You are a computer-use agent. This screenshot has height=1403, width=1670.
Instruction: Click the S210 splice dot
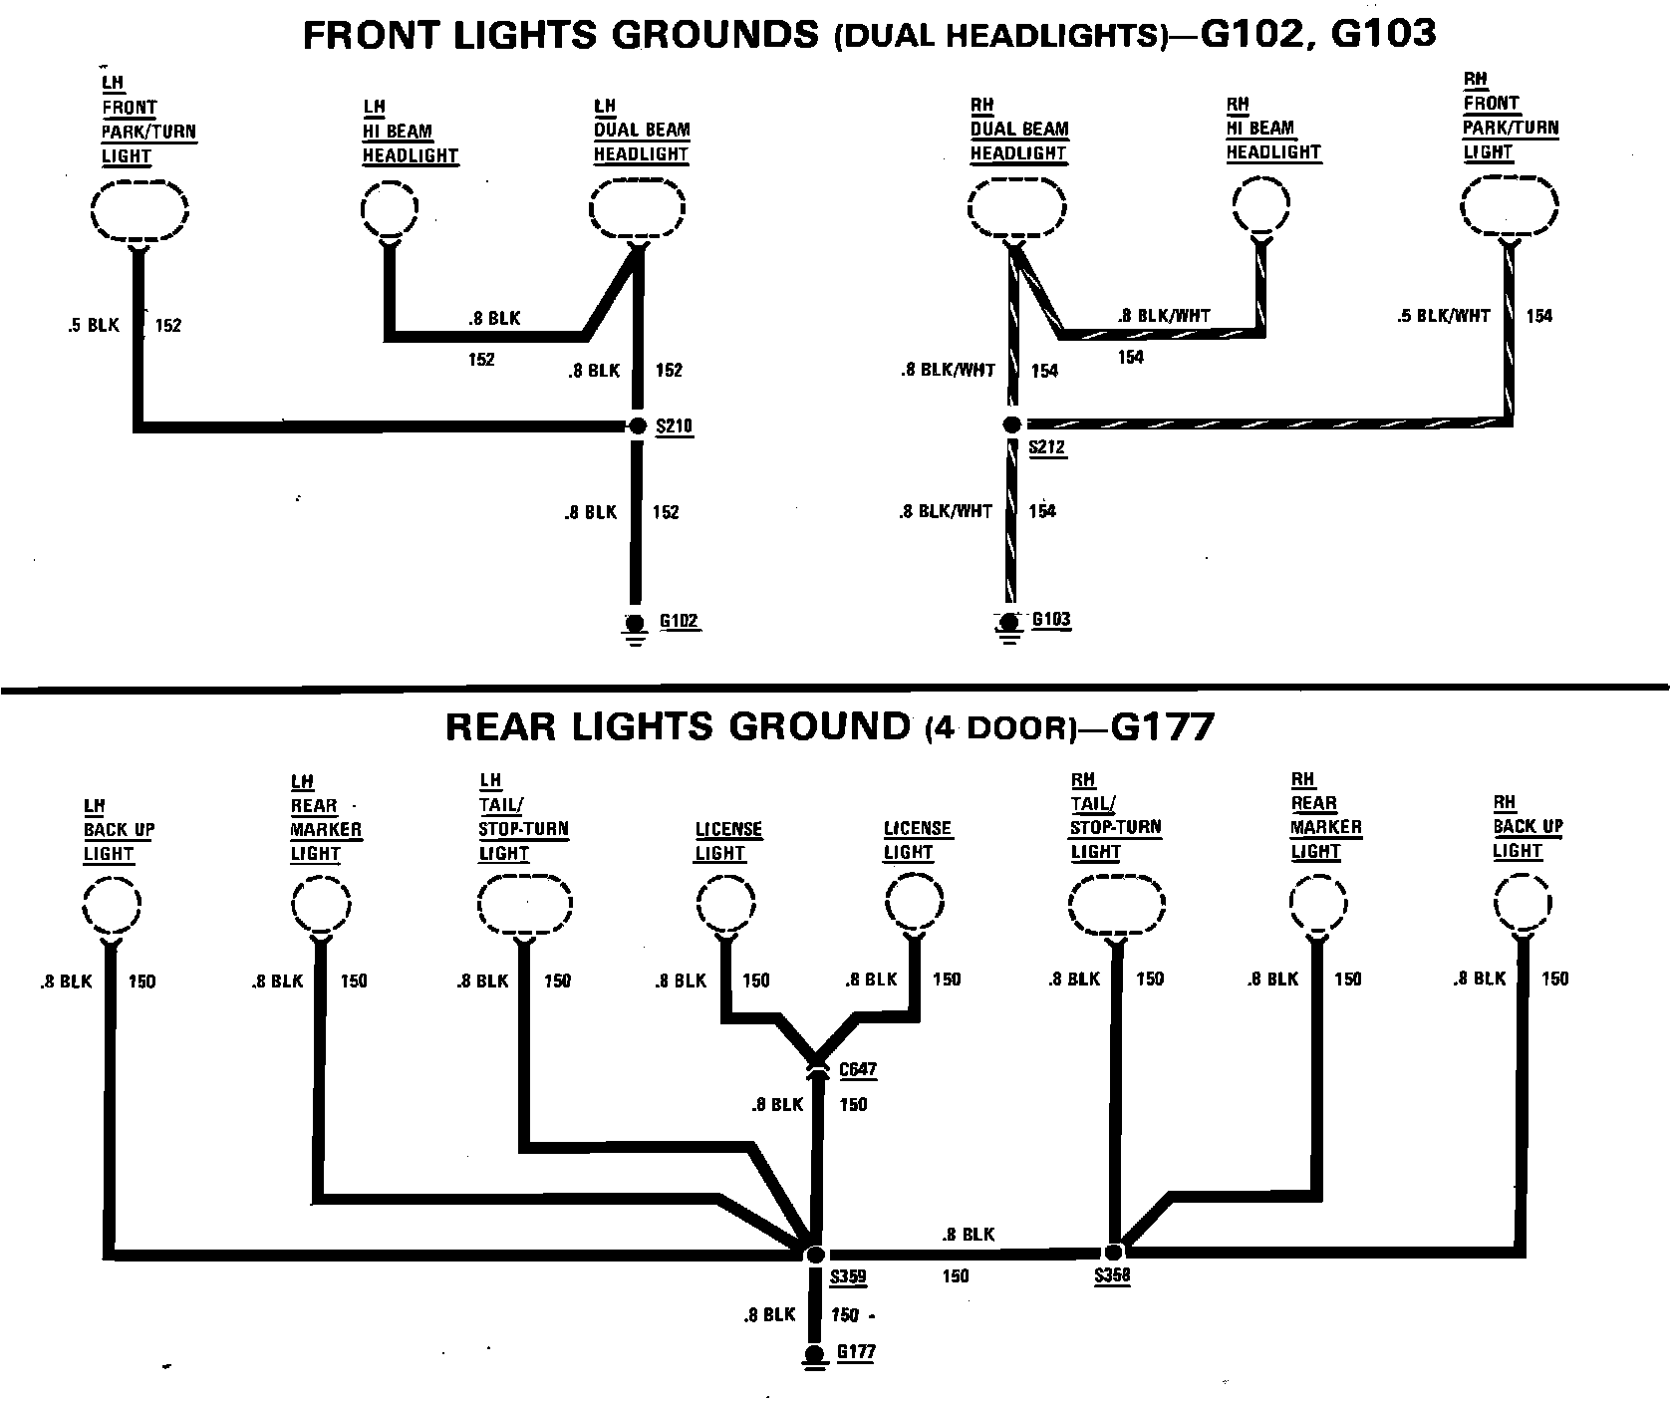point(638,426)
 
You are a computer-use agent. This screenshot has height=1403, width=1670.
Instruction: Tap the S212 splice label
point(1047,447)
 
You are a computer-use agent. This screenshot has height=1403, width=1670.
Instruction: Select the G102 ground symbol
point(633,623)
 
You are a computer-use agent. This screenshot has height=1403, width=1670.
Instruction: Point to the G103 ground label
point(1051,619)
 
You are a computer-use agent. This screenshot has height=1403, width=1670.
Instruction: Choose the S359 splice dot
point(815,1254)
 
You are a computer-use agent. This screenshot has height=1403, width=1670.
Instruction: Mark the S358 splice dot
point(1114,1252)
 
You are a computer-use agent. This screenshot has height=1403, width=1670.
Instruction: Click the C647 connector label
point(857,1070)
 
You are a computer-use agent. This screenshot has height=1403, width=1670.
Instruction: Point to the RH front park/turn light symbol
point(1510,208)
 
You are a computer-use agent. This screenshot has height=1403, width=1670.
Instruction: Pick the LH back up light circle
point(111,907)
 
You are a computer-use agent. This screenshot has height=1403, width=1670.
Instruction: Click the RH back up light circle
point(1523,905)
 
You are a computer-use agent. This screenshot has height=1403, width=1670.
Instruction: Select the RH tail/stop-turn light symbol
point(1116,906)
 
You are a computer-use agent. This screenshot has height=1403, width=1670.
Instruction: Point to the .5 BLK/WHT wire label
point(1443,316)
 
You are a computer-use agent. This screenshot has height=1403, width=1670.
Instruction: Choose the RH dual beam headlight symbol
point(1016,209)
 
